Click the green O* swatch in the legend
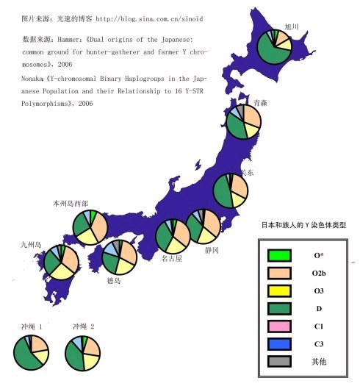pos(280,255)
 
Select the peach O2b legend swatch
pos(280,273)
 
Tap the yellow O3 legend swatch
pos(280,290)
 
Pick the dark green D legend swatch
pos(280,308)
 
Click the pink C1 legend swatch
pos(280,326)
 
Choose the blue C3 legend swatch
pos(280,343)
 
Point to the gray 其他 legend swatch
pos(280,361)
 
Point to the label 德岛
pos(113,280)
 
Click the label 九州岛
pos(32,244)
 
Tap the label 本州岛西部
pos(71,202)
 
